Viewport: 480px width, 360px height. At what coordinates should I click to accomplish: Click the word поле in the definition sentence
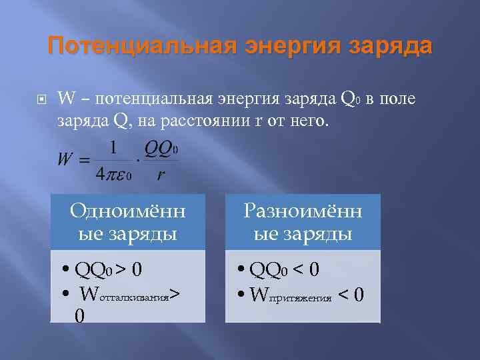(399, 99)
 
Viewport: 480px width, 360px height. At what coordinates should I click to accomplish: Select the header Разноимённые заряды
(303, 223)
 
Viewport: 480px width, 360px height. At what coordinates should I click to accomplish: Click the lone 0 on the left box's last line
(79, 315)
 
